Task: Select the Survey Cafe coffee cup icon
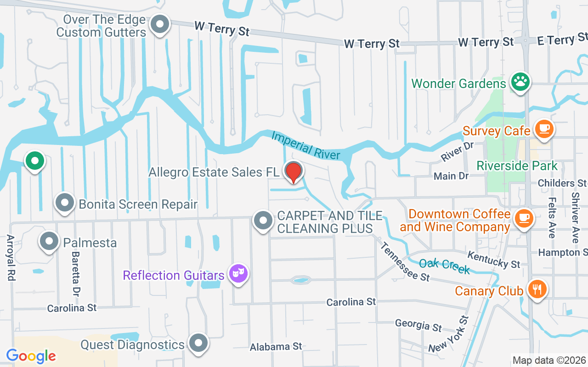point(544,129)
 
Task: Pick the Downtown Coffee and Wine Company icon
point(523,218)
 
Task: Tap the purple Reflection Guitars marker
point(238,274)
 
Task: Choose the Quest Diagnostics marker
point(198,343)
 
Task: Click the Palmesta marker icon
point(49,241)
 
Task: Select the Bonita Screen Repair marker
point(65,203)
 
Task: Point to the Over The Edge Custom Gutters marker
point(160,25)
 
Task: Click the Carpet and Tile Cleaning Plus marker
point(263,221)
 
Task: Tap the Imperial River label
point(305,145)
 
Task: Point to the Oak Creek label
point(444,266)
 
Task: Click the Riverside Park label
point(517,166)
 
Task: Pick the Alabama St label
point(276,347)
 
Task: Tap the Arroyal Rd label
point(10,258)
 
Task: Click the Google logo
point(31,356)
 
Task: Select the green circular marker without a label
point(34,161)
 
